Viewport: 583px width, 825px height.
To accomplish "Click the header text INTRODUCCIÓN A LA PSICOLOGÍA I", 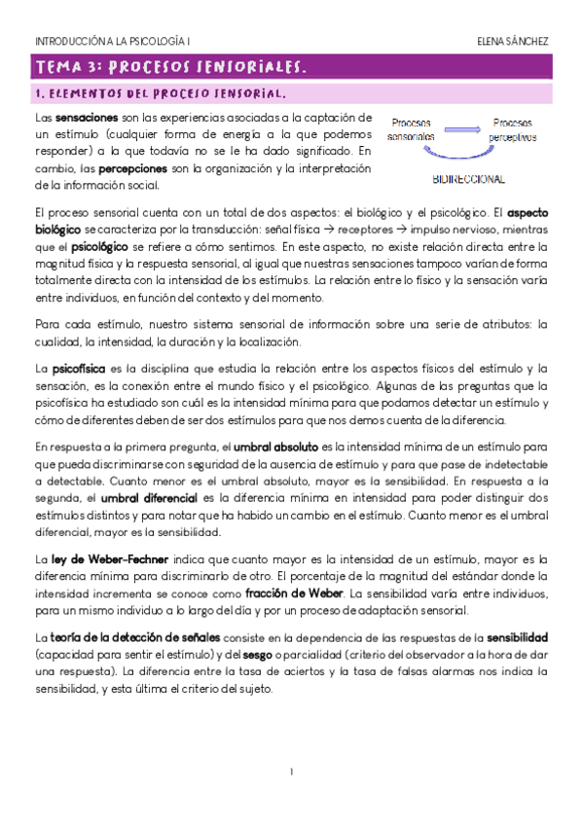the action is point(113,43).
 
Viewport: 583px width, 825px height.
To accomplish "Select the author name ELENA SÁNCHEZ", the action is point(512,43).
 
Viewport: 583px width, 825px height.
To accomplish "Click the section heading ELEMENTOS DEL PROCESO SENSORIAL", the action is point(161,94).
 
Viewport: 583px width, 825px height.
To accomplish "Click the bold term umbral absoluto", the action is point(283,447).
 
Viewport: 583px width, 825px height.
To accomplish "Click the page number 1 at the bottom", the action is point(291,771).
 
